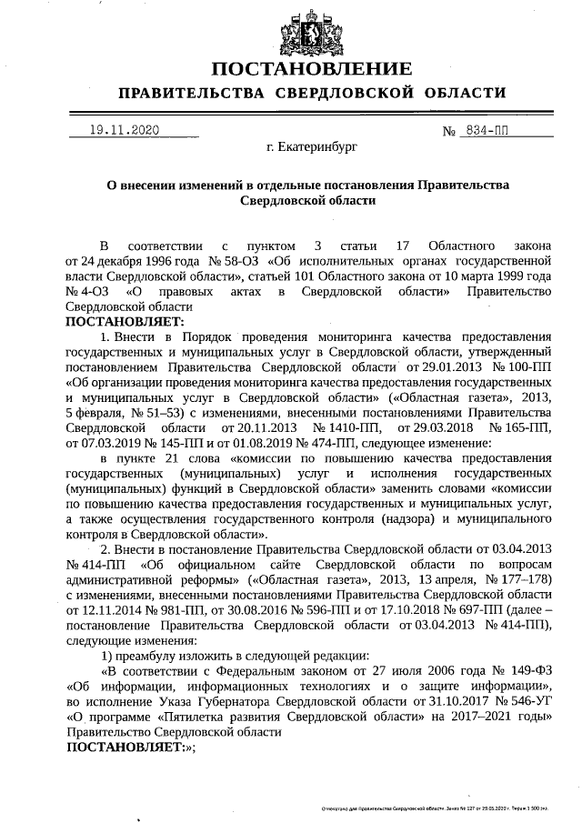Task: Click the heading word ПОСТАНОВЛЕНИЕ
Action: (312, 69)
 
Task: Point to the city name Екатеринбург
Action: (312, 146)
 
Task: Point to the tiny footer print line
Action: (442, 807)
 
